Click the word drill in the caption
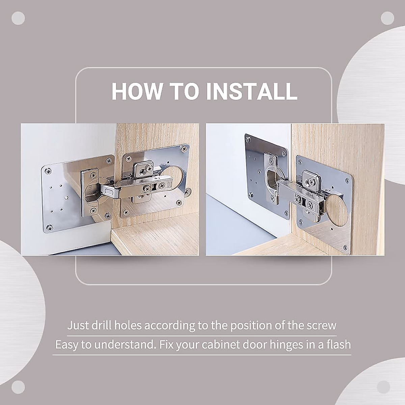pos(102,326)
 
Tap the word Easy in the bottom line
pos(66,345)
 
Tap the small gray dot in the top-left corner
pos(18,18)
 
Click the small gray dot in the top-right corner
pos(387,18)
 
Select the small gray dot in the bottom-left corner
pos(18,387)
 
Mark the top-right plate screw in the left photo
pos(184,149)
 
